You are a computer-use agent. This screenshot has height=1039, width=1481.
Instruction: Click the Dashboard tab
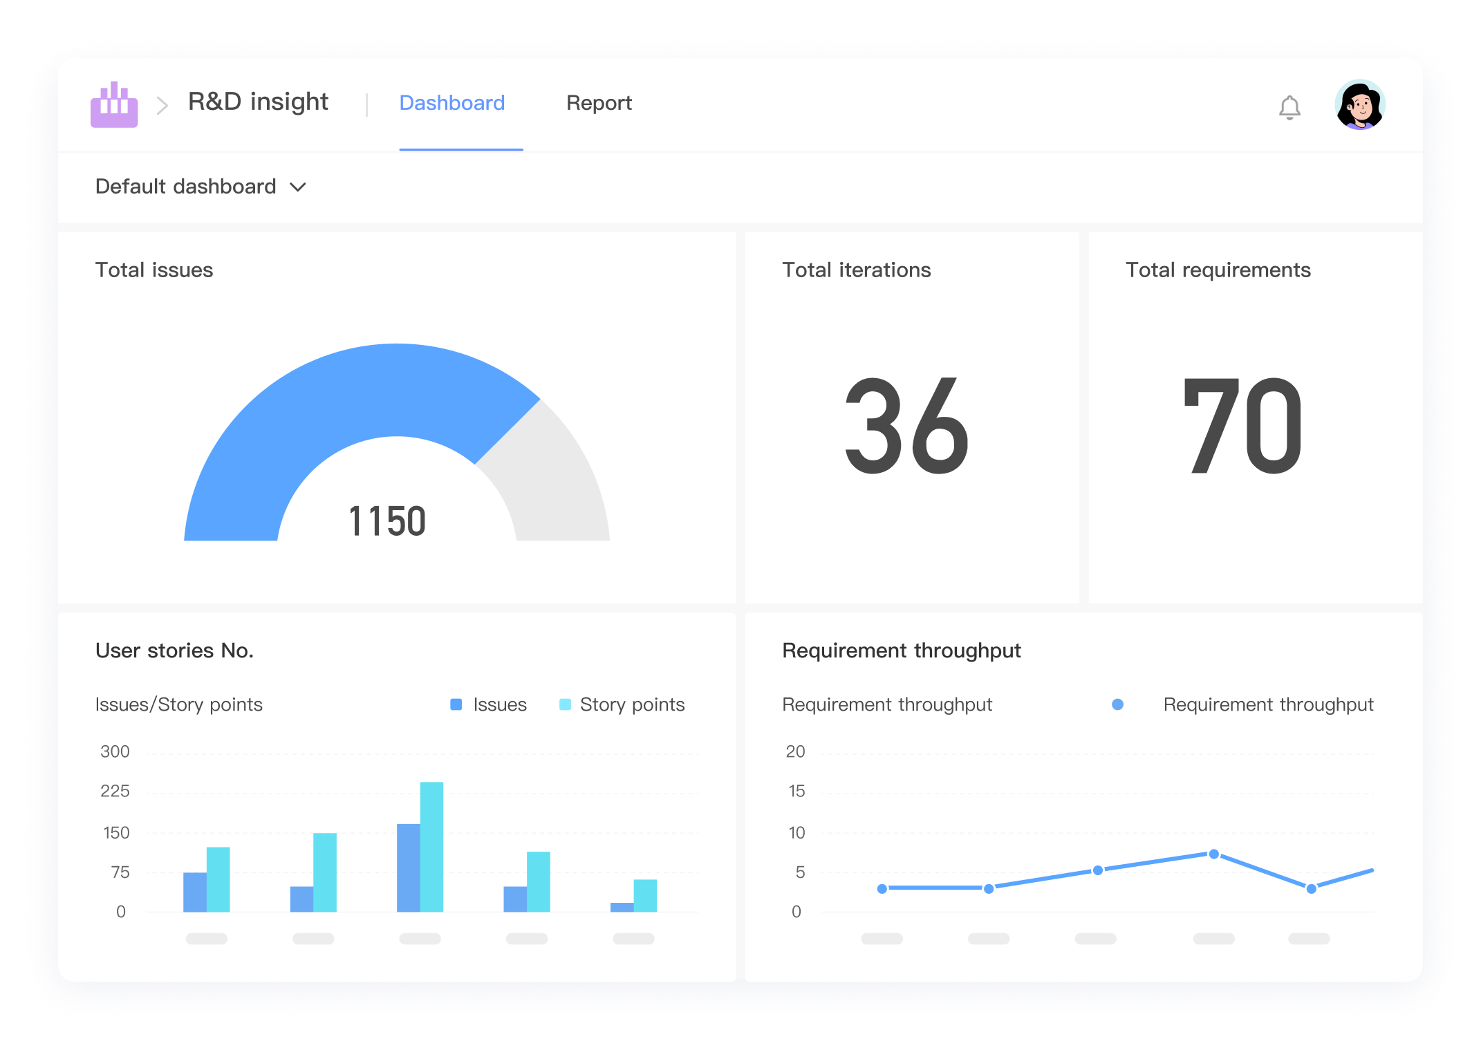tap(452, 103)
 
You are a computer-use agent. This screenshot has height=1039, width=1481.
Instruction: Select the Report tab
tap(599, 103)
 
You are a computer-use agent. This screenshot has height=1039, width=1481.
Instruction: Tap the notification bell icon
tap(1289, 107)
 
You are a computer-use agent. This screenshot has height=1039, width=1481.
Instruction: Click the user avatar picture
tap(1359, 105)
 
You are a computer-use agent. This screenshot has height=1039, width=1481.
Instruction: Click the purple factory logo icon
tap(114, 105)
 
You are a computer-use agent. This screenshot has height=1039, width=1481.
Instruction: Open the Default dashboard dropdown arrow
tap(298, 187)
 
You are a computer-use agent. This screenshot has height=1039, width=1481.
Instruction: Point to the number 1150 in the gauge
tap(387, 521)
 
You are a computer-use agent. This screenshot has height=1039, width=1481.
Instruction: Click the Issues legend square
tap(456, 704)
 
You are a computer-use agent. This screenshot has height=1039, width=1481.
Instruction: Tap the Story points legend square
tap(566, 704)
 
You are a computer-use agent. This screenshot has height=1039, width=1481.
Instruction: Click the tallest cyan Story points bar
tap(432, 847)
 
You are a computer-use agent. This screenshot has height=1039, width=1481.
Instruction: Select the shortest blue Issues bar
tap(622, 907)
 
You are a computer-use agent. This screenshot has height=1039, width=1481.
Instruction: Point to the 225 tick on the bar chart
tap(115, 792)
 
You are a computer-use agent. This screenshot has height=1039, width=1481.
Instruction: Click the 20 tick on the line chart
tap(795, 752)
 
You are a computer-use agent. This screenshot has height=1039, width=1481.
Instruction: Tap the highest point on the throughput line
tap(1213, 854)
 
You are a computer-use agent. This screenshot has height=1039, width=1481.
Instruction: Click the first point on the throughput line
tap(882, 889)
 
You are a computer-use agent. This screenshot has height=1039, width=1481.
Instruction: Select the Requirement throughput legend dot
tap(1117, 704)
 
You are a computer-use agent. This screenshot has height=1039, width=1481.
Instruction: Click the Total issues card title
tap(154, 270)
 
